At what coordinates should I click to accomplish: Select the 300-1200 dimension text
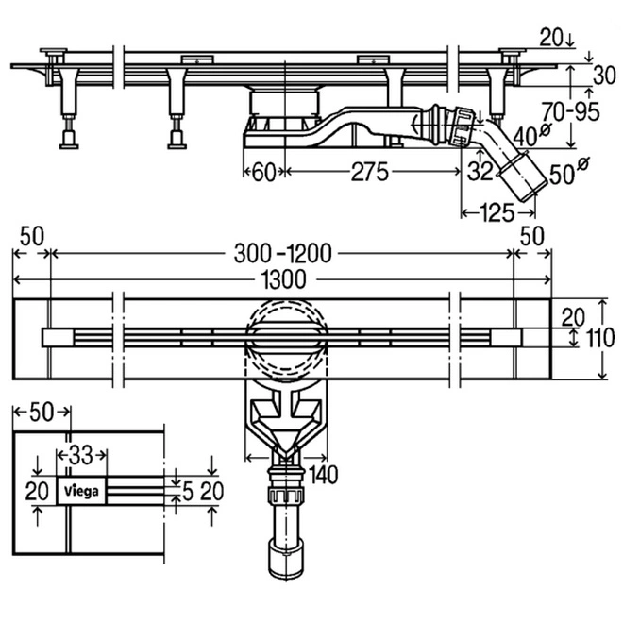coord(282,252)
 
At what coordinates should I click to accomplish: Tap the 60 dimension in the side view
coord(264,172)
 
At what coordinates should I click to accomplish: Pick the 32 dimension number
coord(479,172)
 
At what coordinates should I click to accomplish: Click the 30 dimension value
coord(605,75)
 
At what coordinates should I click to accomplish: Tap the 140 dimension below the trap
coord(322,471)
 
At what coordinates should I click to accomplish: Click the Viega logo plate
coord(81,488)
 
